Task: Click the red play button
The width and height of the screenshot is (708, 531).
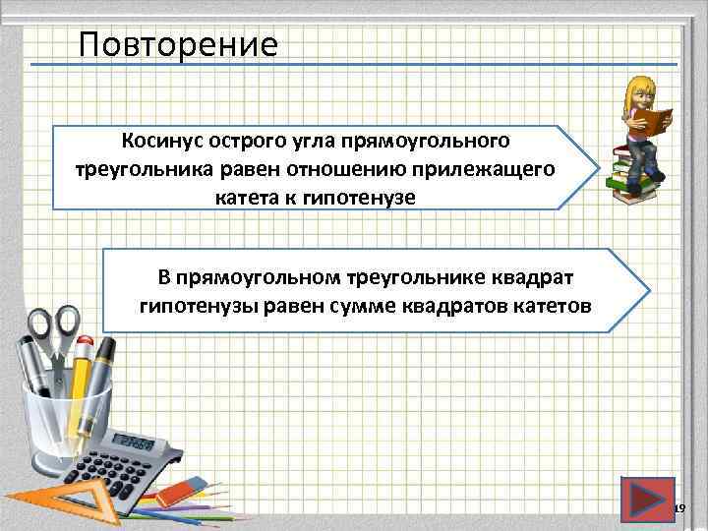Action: coord(647,499)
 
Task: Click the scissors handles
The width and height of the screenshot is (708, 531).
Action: coord(54,325)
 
